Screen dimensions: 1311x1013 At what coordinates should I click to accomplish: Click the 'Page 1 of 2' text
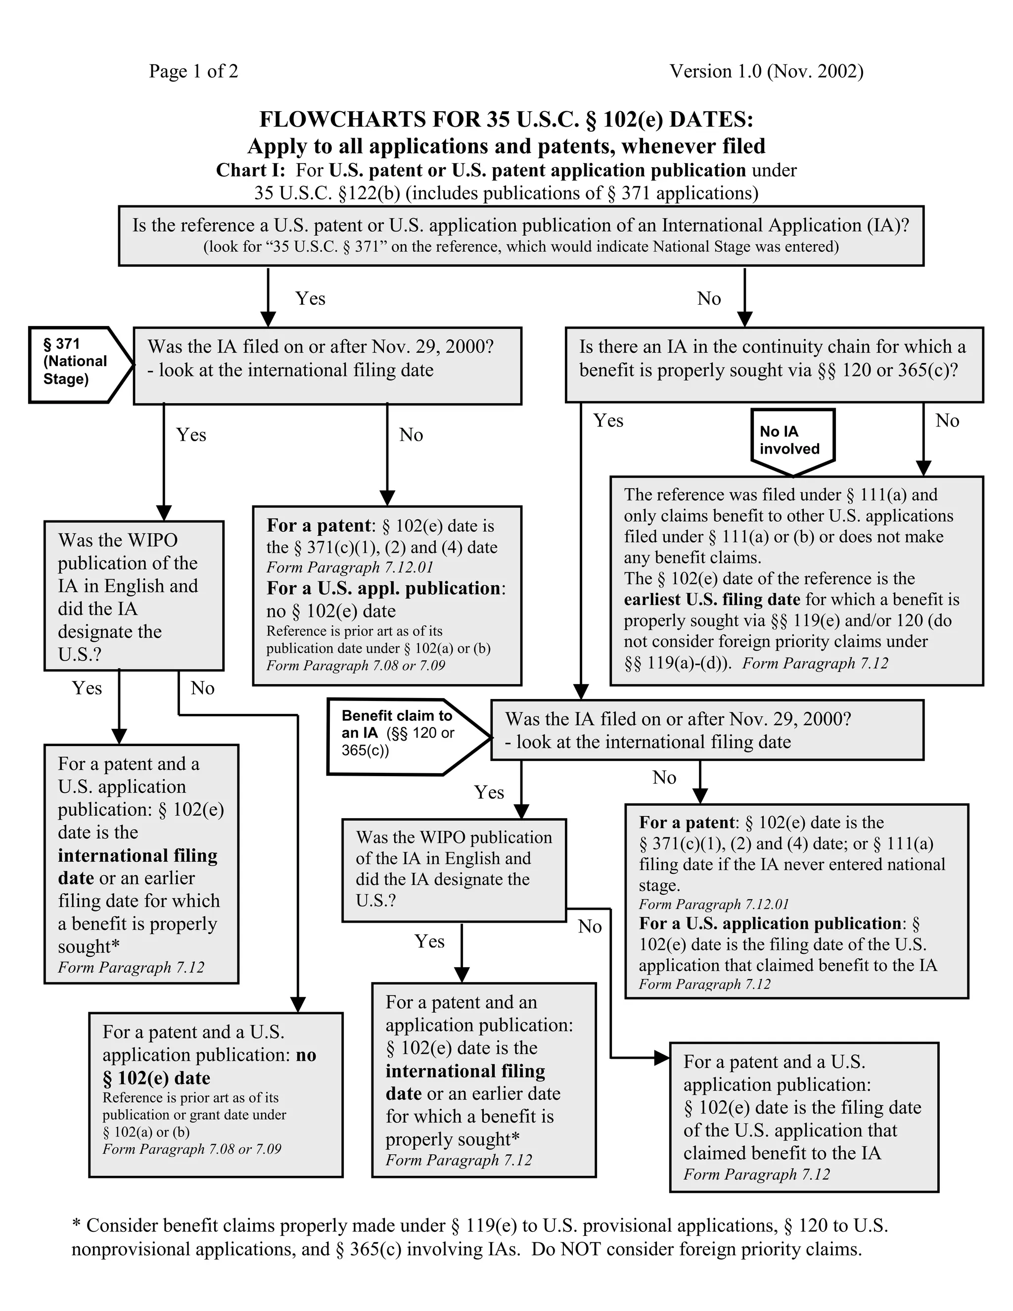tap(193, 71)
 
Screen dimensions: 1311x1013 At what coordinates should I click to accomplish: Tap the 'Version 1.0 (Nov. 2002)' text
tap(766, 71)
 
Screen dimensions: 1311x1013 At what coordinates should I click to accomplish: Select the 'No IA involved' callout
tap(792, 441)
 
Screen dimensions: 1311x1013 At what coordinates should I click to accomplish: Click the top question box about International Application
tap(521, 235)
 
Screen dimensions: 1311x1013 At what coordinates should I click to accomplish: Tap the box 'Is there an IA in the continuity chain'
tap(774, 365)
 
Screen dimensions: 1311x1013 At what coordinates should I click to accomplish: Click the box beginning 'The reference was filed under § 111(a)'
tap(796, 580)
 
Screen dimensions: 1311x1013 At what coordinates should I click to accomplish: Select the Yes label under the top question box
tap(310, 298)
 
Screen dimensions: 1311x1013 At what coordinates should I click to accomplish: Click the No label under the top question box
tap(709, 298)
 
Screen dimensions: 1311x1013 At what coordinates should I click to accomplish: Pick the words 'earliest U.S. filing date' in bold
tap(712, 600)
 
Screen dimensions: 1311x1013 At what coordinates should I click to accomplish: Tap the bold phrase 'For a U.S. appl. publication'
tap(383, 588)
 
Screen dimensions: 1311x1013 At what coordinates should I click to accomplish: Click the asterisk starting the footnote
tap(76, 1224)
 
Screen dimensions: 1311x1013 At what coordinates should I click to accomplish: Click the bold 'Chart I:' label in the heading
tap(250, 171)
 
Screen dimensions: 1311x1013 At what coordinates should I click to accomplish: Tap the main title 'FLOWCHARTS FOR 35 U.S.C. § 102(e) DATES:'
tap(506, 119)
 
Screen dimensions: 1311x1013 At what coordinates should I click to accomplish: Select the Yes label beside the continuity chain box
tap(608, 420)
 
